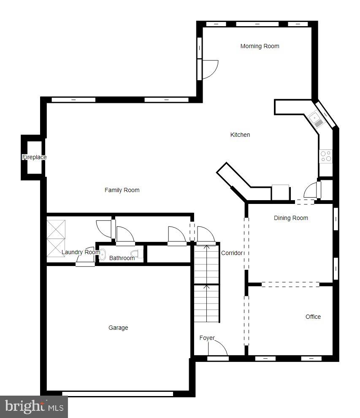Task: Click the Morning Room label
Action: tap(260, 46)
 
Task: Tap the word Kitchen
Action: tap(240, 135)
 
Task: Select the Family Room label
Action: tap(122, 190)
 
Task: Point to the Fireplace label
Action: tap(34, 157)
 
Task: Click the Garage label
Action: tap(118, 328)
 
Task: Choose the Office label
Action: tap(313, 317)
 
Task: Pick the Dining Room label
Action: tap(291, 218)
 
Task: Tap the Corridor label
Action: tap(232, 253)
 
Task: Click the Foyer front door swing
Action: tap(219, 348)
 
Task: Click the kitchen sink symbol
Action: tap(316, 119)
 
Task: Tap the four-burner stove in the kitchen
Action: tap(325, 156)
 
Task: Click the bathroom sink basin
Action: tap(103, 254)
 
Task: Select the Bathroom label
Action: tap(122, 258)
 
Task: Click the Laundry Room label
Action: tap(81, 252)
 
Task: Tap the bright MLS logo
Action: tap(34, 407)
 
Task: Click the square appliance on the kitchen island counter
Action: tap(280, 192)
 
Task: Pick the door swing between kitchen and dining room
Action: tap(311, 190)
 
